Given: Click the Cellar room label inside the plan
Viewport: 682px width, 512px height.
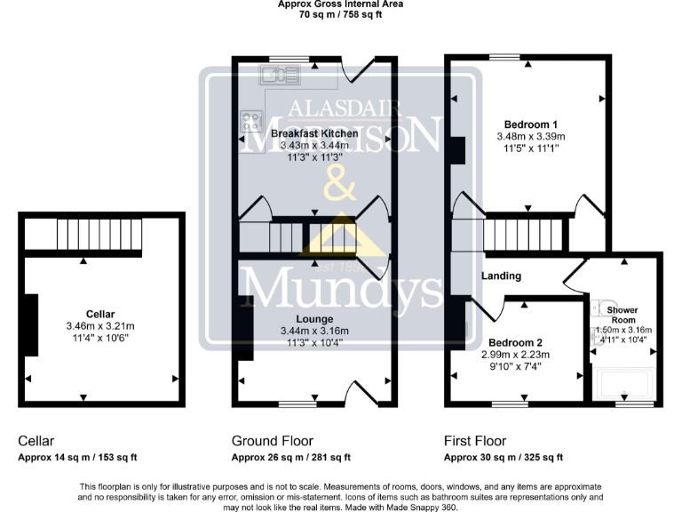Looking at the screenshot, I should point(100,314).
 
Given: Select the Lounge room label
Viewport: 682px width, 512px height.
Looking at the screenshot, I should point(314,318).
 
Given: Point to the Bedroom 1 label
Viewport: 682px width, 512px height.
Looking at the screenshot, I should point(531,124).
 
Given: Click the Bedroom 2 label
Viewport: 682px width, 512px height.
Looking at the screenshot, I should point(514,342).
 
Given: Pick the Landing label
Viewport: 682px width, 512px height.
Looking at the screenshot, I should point(501,276).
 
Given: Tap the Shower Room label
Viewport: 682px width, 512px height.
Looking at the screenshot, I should point(623,314).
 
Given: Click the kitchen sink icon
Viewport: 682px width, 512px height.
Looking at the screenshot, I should point(282,75).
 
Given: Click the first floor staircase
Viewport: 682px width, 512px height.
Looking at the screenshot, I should point(524,236).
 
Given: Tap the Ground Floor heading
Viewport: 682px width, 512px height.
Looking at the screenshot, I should point(272,441).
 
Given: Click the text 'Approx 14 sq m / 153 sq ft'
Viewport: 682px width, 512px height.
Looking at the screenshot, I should point(77,458).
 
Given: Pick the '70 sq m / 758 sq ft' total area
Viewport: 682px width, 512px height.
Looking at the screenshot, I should point(341,15).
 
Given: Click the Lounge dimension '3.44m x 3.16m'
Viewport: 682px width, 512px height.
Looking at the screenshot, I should point(314,331).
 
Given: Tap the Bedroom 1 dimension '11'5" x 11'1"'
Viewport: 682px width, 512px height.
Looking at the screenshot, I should point(531,149).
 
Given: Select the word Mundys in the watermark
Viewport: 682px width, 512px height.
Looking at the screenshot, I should point(342,289).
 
